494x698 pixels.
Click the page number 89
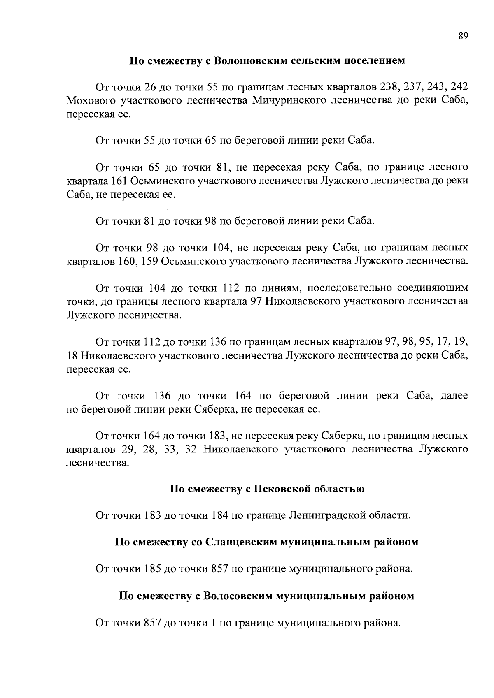463,36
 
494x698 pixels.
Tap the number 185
153,569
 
